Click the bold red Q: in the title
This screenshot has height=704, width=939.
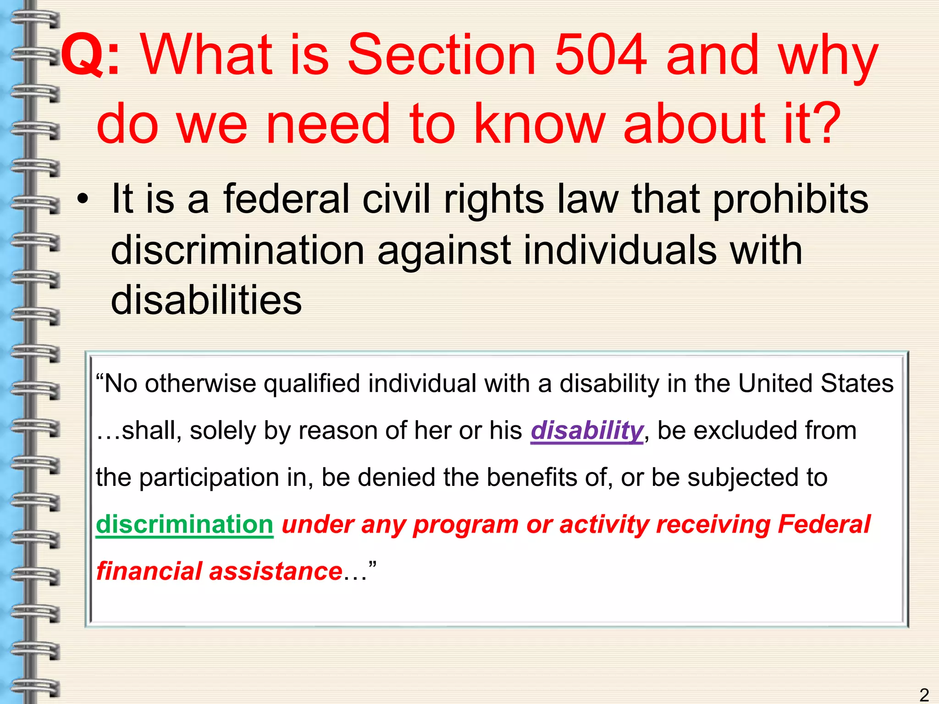(x=90, y=56)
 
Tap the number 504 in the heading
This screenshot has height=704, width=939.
(x=601, y=56)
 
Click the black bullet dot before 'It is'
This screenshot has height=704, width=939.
(x=83, y=200)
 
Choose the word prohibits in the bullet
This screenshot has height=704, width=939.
(x=790, y=200)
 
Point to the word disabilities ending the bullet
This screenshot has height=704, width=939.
(x=206, y=300)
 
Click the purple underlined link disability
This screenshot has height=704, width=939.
(x=587, y=431)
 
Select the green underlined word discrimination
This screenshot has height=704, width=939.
(x=185, y=524)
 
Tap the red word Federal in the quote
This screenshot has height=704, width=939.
(x=824, y=524)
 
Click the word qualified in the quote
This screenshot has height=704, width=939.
(x=312, y=384)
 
